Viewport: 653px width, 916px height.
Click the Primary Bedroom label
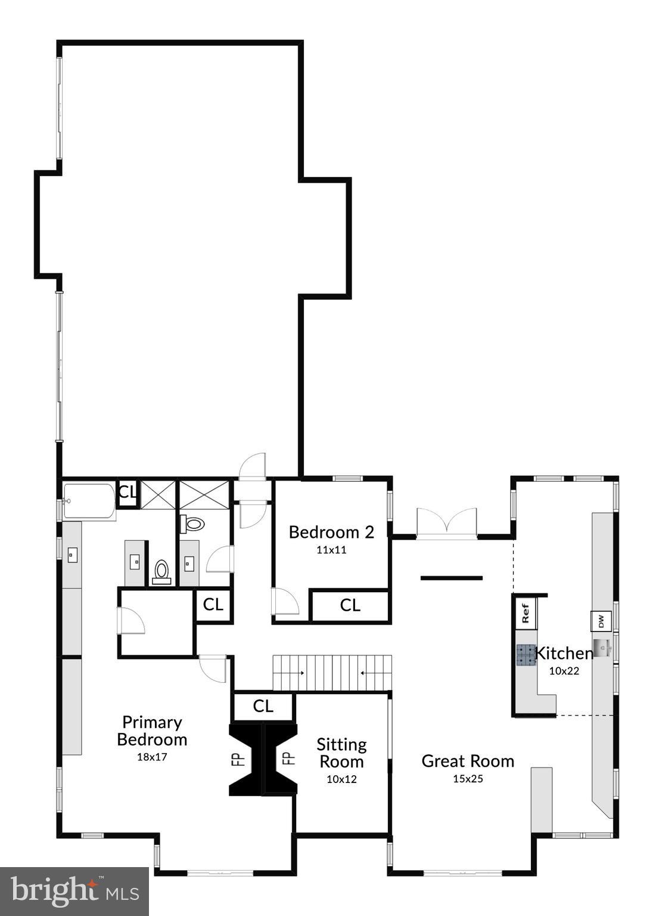tap(152, 731)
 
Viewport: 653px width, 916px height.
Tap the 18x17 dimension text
tap(152, 757)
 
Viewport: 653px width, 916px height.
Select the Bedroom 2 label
tap(331, 532)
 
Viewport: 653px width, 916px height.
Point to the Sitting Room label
tap(341, 753)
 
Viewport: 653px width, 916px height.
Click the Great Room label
tap(468, 761)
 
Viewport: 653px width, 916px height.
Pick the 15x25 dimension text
tap(468, 778)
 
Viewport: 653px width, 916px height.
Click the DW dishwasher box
tap(601, 621)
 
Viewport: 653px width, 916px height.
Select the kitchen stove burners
tap(526, 654)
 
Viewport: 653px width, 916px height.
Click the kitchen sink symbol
tap(602, 646)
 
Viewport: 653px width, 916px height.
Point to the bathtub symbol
tap(89, 502)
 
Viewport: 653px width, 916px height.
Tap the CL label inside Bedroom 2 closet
tap(350, 605)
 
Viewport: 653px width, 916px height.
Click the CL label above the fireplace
tap(263, 707)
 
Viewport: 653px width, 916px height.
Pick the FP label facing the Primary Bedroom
tap(238, 759)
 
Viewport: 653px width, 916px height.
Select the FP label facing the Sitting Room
tap(288, 759)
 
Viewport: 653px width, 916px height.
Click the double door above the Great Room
tap(447, 523)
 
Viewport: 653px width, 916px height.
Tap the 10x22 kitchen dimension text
tap(564, 671)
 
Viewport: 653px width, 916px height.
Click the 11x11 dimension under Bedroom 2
tap(331, 550)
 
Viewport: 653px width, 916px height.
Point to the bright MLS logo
tap(74, 891)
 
